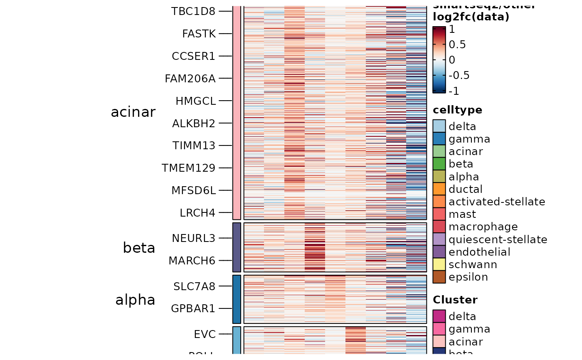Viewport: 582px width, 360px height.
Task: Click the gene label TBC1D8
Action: [193, 11]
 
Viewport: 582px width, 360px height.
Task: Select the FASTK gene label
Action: [199, 34]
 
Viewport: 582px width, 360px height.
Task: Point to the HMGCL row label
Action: [195, 101]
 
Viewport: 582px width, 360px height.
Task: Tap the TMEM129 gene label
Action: [189, 168]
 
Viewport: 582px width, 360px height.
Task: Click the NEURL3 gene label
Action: [193, 238]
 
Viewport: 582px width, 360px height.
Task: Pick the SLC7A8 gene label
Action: [195, 286]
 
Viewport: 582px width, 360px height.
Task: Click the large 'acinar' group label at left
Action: [133, 112]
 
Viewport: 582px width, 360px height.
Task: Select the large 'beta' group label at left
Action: [139, 248]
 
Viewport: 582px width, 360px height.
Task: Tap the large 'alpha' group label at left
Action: [135, 300]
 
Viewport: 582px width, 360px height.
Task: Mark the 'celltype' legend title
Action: [457, 110]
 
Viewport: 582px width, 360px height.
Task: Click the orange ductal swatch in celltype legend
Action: [439, 189]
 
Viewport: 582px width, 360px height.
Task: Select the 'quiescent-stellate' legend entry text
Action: [498, 239]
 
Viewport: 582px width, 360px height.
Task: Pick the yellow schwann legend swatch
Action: [439, 264]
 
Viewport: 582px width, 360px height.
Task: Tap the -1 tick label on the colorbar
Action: [454, 91]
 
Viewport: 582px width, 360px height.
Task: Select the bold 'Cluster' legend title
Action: [455, 300]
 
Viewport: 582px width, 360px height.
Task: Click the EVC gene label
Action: [205, 334]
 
